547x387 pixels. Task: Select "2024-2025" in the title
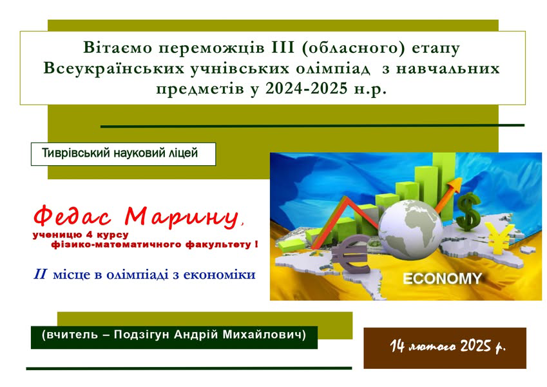coord(306,89)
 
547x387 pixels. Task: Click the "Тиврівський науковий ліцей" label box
coord(123,154)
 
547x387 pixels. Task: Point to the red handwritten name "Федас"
coord(72,216)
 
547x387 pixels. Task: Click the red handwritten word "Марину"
coord(182,217)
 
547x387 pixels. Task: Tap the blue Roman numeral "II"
coord(40,274)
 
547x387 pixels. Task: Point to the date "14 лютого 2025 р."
coord(448,346)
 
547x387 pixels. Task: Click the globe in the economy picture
coord(410,228)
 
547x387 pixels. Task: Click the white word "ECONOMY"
coord(443,279)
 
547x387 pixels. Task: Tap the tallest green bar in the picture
coord(444,181)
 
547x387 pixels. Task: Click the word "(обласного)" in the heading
coord(352,48)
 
